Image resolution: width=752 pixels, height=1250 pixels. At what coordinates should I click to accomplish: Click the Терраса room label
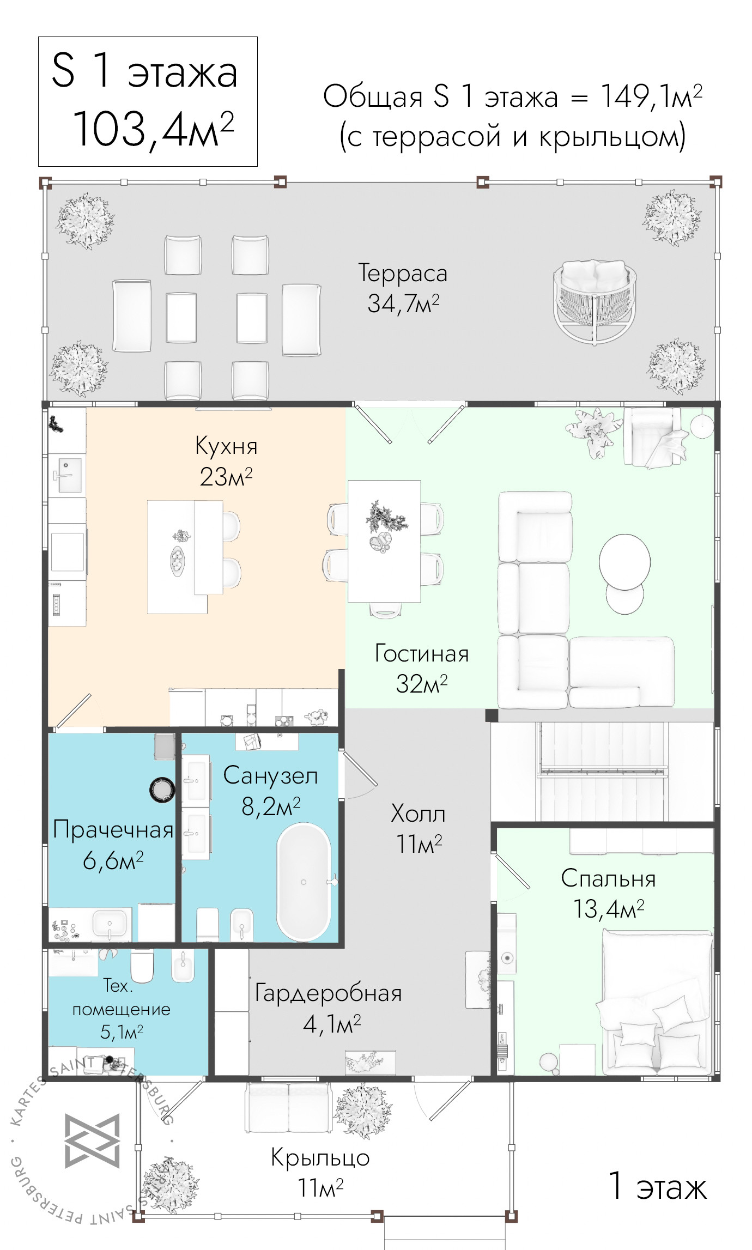(x=403, y=273)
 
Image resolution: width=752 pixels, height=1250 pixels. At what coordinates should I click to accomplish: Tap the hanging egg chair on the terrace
(x=595, y=301)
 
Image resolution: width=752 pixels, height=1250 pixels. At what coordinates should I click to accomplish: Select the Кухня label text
(x=226, y=446)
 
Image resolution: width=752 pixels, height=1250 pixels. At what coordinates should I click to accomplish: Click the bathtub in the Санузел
(x=304, y=882)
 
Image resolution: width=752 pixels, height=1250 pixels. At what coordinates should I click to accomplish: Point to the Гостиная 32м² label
(x=422, y=669)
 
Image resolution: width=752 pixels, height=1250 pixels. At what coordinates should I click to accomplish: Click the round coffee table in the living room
(x=624, y=562)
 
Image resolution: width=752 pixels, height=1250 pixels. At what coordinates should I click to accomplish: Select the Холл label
(x=418, y=814)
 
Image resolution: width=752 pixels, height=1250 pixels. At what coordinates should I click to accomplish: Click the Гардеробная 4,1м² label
(x=328, y=1008)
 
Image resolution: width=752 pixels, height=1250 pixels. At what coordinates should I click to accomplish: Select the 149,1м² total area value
(x=652, y=97)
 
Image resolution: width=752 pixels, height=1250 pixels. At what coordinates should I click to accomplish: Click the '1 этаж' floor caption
(x=657, y=1186)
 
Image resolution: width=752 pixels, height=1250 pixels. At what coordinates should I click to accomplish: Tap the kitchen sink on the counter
(x=66, y=475)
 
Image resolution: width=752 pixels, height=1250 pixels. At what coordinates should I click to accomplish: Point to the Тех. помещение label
(x=121, y=1008)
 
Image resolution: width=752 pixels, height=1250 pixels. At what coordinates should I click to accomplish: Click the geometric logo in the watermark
(x=92, y=1140)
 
